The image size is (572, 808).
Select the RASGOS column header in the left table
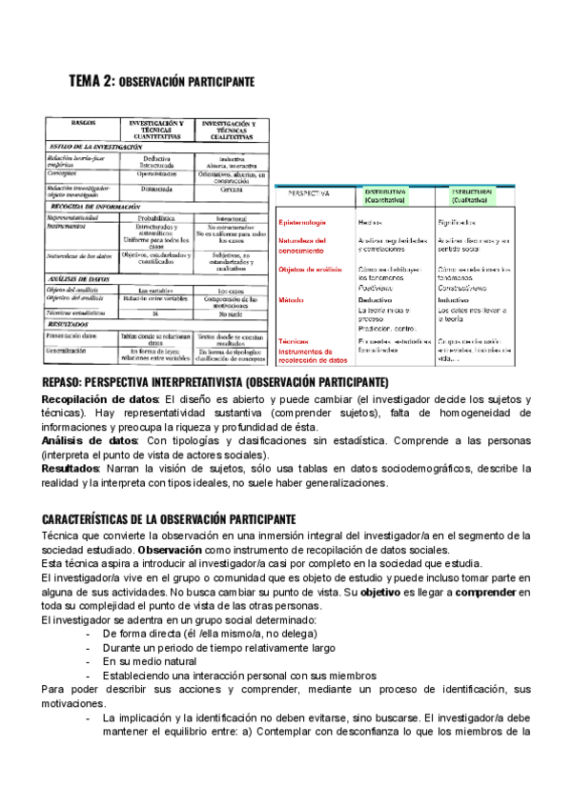pyautogui.click(x=84, y=124)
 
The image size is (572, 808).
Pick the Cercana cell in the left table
pyautogui.click(x=232, y=189)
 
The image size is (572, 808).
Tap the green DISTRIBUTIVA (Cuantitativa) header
pyautogui.click(x=385, y=195)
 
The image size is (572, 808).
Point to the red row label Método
pyautogui.click(x=292, y=299)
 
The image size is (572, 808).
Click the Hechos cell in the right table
pyautogui.click(x=370, y=223)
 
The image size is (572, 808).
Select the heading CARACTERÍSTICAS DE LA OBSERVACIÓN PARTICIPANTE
pyautogui.click(x=169, y=518)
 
